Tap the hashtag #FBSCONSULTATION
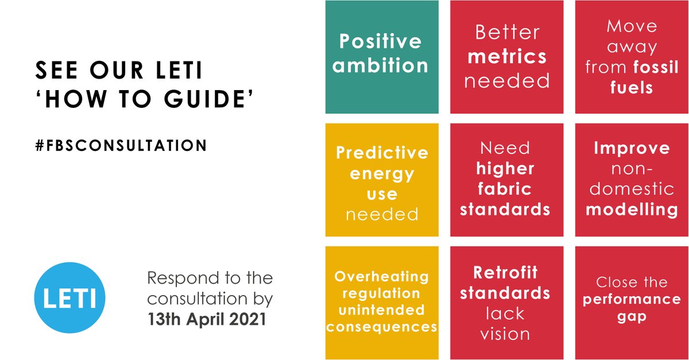tap(121, 145)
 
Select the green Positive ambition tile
tap(381, 57)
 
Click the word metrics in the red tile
tap(507, 57)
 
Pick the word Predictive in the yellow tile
tap(382, 153)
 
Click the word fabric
tap(505, 188)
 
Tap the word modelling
tap(632, 210)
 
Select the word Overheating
tap(382, 277)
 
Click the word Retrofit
tap(505, 272)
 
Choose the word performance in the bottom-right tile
tap(632, 300)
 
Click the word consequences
tap(382, 327)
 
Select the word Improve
tap(632, 148)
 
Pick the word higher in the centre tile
tap(505, 169)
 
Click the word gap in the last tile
tap(632, 317)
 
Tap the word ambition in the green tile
tap(381, 66)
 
